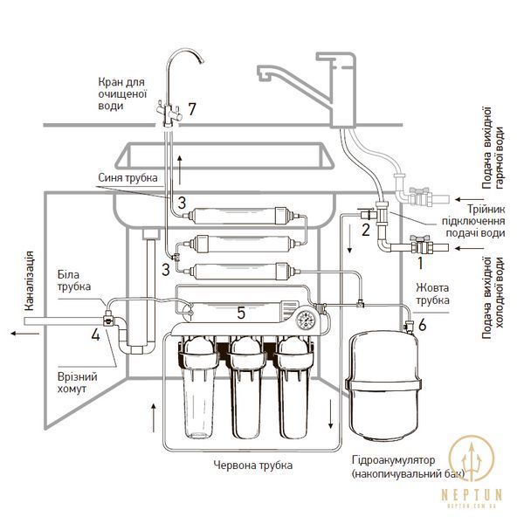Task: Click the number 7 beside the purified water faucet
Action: tap(192, 109)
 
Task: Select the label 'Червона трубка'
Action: tap(253, 465)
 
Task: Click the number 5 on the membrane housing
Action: tap(241, 313)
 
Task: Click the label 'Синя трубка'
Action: tap(128, 177)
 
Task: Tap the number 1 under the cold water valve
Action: tap(421, 263)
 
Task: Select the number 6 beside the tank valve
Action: tap(423, 325)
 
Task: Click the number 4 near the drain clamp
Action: tap(95, 334)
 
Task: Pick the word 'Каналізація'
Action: tap(30, 281)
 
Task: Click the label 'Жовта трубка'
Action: tap(432, 293)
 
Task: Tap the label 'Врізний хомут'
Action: tap(77, 383)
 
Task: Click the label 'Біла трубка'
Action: tap(74, 280)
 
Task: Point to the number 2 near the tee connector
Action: tap(366, 230)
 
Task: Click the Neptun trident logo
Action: tap(472, 458)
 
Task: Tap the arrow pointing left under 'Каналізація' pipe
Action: tap(24, 334)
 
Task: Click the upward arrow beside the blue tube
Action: tap(180, 169)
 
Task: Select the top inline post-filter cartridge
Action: tap(238, 215)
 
